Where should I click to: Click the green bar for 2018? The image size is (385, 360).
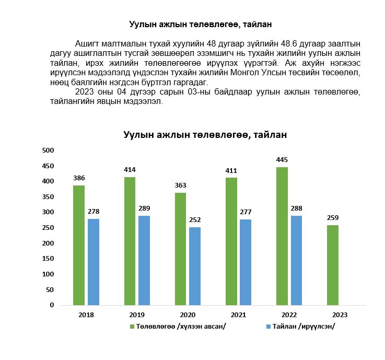point(79,245)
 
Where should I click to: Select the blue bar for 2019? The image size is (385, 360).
point(144,260)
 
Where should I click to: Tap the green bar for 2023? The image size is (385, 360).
point(332,265)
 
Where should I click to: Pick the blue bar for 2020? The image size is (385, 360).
point(195,266)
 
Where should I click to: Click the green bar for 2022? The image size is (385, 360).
point(282,236)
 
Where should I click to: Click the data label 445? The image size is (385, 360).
point(282,160)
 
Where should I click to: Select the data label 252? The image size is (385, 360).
point(195,220)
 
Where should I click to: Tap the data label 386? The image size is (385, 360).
point(79,178)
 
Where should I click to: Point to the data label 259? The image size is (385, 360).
point(332,217)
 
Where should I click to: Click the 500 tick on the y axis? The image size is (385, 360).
point(48,150)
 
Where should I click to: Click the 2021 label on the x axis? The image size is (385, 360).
point(238,315)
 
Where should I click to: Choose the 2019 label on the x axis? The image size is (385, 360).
point(136,315)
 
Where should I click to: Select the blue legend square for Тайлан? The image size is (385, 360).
point(269,327)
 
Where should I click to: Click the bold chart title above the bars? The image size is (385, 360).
point(205,135)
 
